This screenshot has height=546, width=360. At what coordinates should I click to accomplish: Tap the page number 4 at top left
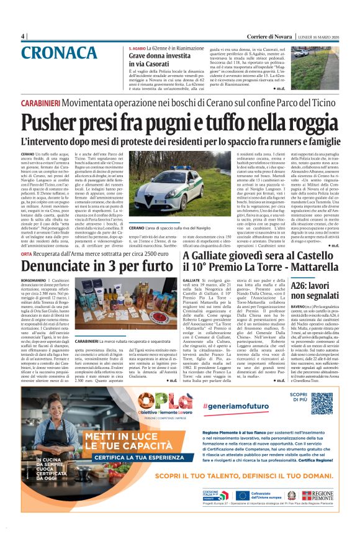pyautogui.click(x=23, y=36)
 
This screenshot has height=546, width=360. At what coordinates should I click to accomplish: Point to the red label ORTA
pyautogui.click(x=26, y=254)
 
